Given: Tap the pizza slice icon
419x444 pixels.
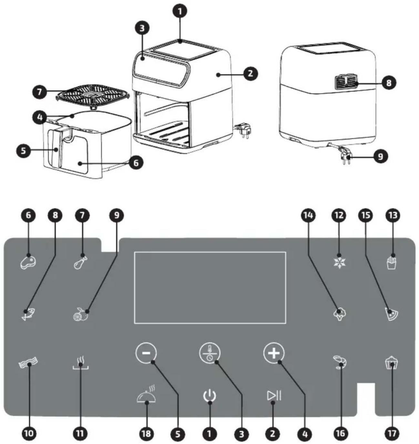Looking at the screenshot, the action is click(x=392, y=313).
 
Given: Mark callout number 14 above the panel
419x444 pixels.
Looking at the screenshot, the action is click(x=308, y=215).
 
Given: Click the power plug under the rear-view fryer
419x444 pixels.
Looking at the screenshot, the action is click(x=346, y=155).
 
